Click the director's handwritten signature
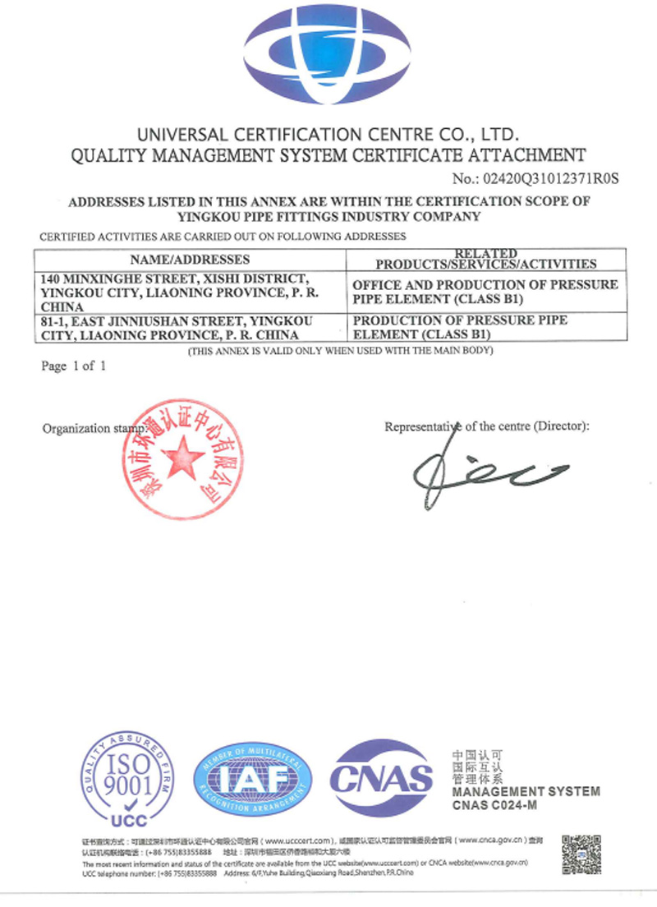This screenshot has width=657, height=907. [485, 470]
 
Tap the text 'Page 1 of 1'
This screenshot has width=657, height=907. [74, 366]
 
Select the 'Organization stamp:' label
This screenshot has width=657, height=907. [94, 428]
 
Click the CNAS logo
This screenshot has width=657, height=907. [381, 777]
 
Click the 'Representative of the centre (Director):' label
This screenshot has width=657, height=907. [487, 426]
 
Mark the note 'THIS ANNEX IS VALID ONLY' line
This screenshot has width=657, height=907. [340, 351]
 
